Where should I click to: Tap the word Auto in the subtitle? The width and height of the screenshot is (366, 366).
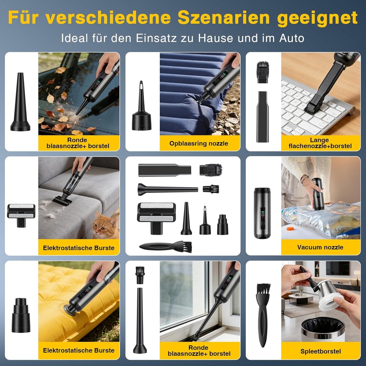[292, 38]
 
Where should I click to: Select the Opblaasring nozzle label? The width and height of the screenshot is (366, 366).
[199, 143]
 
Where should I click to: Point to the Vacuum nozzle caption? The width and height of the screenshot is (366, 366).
[320, 247]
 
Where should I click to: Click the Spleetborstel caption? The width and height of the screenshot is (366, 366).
[321, 351]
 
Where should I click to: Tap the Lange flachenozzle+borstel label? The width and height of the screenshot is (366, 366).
[320, 143]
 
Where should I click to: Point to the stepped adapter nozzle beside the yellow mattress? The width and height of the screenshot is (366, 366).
[21, 315]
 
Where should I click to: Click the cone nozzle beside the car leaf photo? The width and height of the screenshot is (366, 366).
[20, 102]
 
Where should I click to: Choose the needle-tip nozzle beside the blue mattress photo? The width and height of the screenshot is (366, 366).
[142, 106]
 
